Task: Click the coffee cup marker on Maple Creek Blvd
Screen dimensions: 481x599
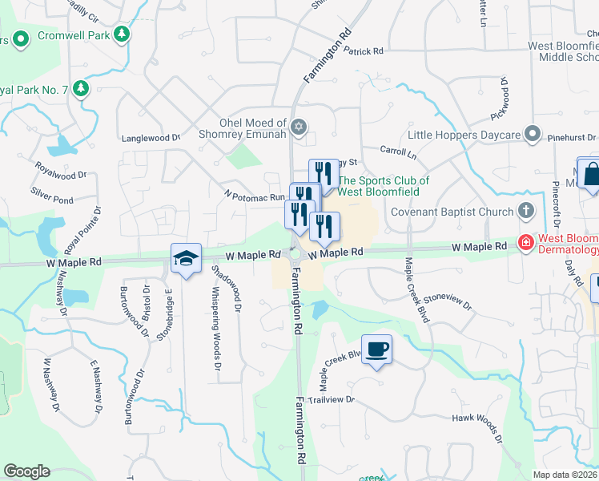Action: tap(376, 349)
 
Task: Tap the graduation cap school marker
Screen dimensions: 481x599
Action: tap(186, 259)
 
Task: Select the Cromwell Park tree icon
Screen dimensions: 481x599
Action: tap(122, 34)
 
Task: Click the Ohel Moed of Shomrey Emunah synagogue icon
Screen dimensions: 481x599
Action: tap(299, 127)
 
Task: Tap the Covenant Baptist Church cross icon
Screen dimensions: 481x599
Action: tap(525, 212)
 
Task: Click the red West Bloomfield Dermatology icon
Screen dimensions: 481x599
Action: tap(525, 241)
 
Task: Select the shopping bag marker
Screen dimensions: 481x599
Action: tap(591, 174)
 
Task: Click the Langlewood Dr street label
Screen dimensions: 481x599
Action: tap(151, 138)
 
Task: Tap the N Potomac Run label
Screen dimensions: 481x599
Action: tap(255, 196)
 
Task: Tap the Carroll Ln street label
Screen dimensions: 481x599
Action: tap(398, 152)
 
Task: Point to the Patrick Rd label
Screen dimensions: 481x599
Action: tap(364, 51)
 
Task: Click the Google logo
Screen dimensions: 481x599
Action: tap(26, 471)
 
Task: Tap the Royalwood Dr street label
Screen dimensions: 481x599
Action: tap(61, 174)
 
